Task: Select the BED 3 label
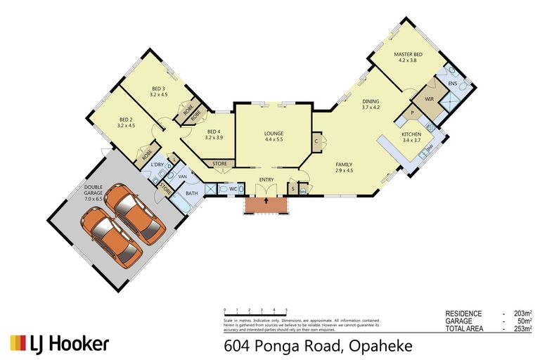159,89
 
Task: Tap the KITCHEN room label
411,134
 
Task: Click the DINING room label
371,102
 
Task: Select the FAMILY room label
344,165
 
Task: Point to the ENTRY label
266,179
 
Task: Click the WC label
232,188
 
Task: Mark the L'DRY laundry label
157,165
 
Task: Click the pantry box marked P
413,113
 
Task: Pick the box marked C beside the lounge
317,141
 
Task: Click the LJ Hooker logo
59,343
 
